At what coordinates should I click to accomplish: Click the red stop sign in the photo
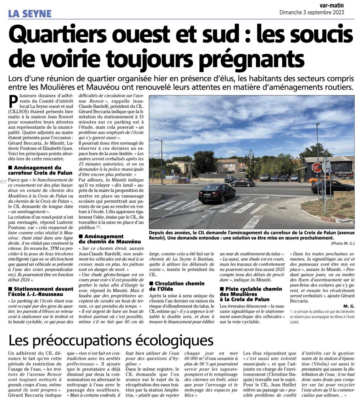pyautogui.click(x=317, y=167)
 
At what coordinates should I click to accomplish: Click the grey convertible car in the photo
pyautogui.click(x=243, y=183)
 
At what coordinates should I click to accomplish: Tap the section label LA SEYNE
pyautogui.click(x=30, y=14)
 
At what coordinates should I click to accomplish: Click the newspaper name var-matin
pyautogui.click(x=331, y=5)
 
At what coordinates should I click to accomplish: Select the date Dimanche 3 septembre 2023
pyautogui.click(x=312, y=12)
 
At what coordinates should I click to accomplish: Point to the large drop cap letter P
pyautogui.click(x=13, y=102)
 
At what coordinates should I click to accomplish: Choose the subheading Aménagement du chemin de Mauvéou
pyautogui.click(x=110, y=239)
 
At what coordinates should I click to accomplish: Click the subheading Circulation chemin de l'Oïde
pyautogui.click(x=177, y=286)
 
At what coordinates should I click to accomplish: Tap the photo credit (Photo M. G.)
pyautogui.click(x=343, y=243)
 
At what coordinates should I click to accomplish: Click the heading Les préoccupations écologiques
pyautogui.click(x=111, y=340)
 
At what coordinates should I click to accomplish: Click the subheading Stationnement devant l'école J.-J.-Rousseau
pyautogui.click(x=40, y=291)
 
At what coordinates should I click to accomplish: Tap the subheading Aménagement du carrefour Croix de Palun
pyautogui.click(x=40, y=170)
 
